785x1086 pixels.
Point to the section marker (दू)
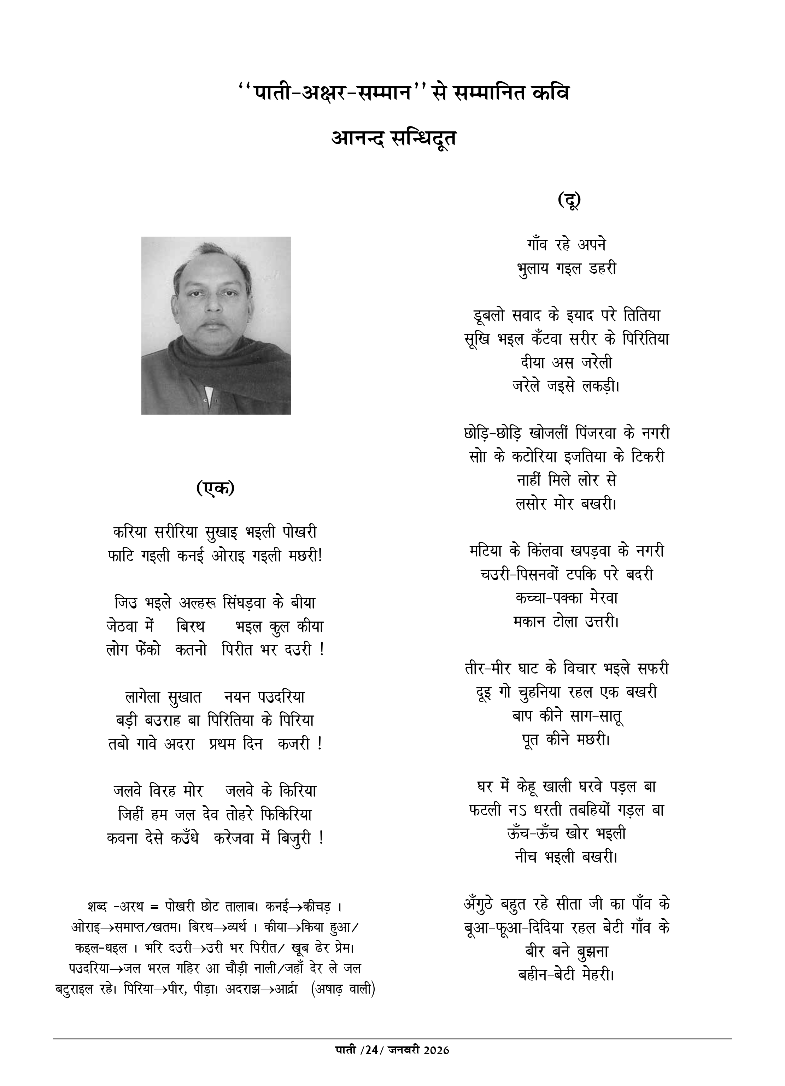569,200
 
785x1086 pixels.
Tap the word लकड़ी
600,386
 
